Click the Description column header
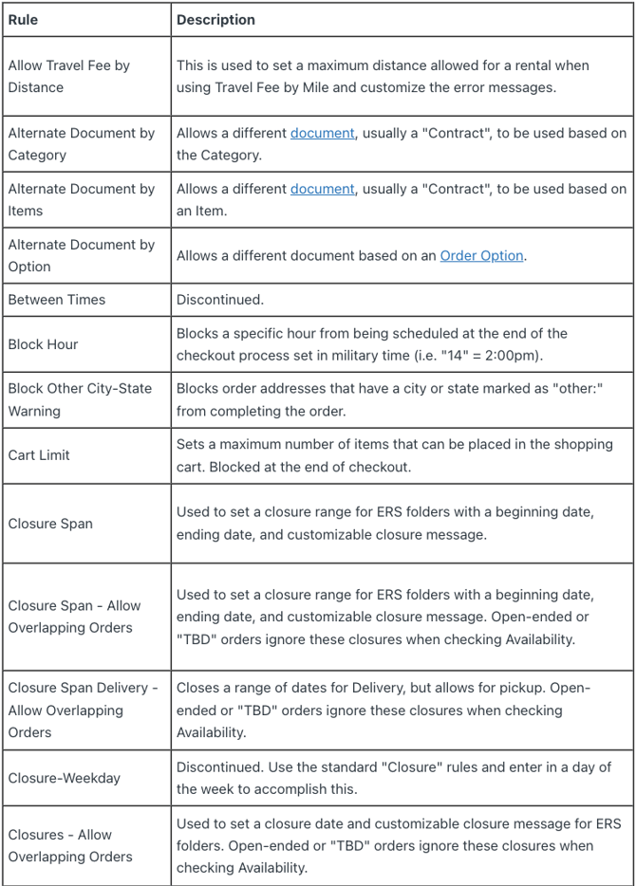click(215, 19)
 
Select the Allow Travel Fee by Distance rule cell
click(68, 77)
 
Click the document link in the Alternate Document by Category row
click(322, 133)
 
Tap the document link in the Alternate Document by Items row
click(322, 189)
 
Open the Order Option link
click(481, 255)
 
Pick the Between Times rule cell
click(57, 300)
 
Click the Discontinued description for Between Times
click(220, 300)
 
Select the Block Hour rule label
click(44, 344)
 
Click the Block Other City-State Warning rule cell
click(80, 399)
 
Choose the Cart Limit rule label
click(39, 455)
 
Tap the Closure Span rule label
click(50, 524)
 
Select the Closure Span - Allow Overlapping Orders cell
click(74, 617)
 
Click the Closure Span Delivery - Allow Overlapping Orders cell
click(82, 711)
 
